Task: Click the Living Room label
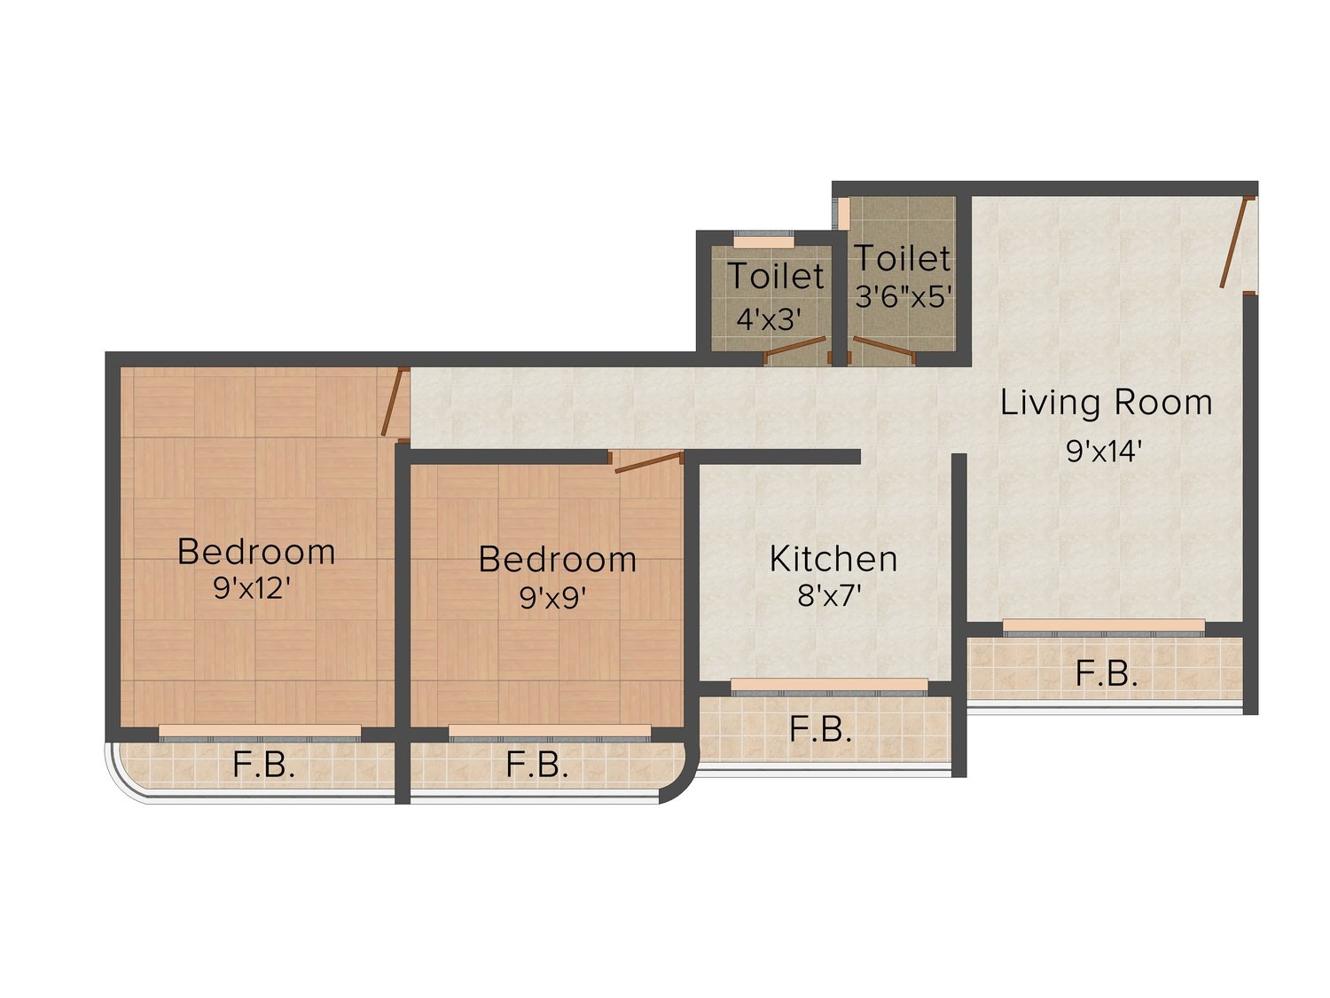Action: pyautogui.click(x=1105, y=404)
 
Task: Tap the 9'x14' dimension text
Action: pyautogui.click(x=1104, y=452)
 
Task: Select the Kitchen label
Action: pyautogui.click(x=833, y=559)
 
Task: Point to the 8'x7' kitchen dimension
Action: pyautogui.click(x=829, y=596)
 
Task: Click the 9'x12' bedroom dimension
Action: pyautogui.click(x=256, y=588)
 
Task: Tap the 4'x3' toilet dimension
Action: pyautogui.click(x=769, y=319)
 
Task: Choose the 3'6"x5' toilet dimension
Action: pyautogui.click(x=903, y=297)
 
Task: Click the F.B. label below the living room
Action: pyautogui.click(x=1106, y=674)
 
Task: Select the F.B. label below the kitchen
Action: pyautogui.click(x=820, y=730)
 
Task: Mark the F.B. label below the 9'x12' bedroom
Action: pyautogui.click(x=263, y=766)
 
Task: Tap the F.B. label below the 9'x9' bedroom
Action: pyautogui.click(x=536, y=766)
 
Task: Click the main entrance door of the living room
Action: pyautogui.click(x=1233, y=242)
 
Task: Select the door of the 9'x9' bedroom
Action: pyautogui.click(x=649, y=461)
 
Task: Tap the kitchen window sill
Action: pyautogui.click(x=829, y=684)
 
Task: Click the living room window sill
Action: pyautogui.click(x=1103, y=625)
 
